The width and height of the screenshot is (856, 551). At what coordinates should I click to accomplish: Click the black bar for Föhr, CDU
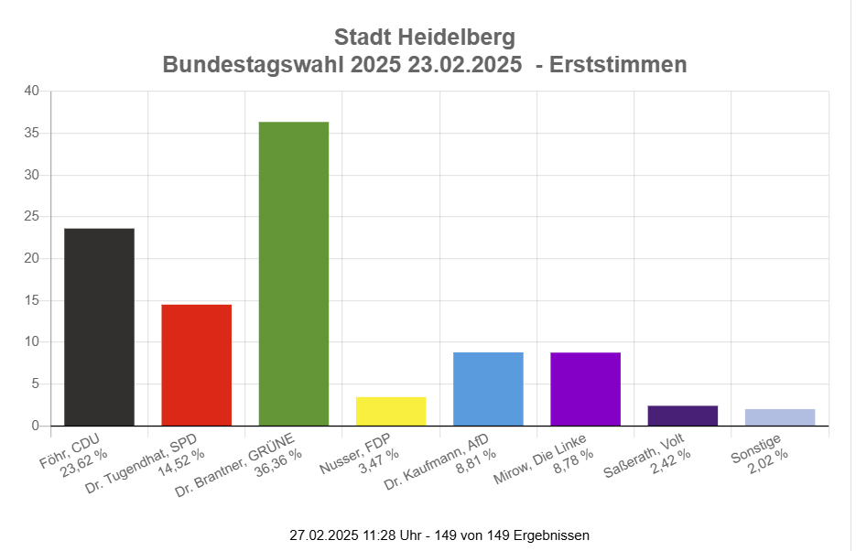coord(99,327)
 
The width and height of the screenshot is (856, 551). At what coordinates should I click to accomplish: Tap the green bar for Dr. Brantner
coord(293,274)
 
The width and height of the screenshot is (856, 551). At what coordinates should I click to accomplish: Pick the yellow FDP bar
coord(391,411)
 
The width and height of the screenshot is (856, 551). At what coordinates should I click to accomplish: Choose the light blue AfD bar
coord(488,389)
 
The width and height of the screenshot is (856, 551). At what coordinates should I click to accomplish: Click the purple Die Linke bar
coord(585,389)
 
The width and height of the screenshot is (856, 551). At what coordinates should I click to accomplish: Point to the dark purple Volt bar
coord(682,416)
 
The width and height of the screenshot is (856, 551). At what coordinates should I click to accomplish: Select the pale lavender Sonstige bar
coord(780,417)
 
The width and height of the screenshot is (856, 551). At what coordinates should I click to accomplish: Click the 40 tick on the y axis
coord(31,92)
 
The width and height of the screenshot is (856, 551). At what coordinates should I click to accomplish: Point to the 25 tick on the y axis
coord(31,217)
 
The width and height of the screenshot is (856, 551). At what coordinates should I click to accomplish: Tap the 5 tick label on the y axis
coord(35,384)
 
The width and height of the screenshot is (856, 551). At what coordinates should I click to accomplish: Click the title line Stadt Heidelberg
coord(425,38)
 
